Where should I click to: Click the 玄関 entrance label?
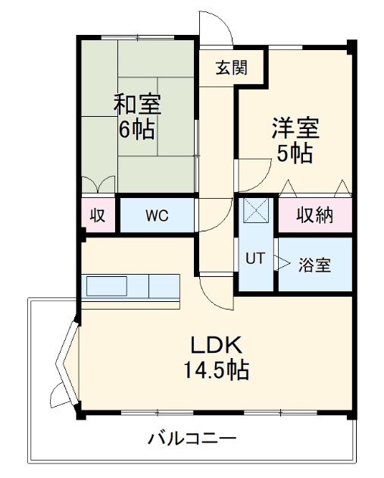(230, 68)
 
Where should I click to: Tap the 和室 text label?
(137, 102)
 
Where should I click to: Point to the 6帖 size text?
(136, 129)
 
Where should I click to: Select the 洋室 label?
(295, 127)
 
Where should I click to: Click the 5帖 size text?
(295, 153)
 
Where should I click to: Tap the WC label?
(157, 215)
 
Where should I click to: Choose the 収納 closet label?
(314, 215)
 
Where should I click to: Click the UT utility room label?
(254, 258)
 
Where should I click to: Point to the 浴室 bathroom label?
(314, 266)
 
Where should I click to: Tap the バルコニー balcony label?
(192, 439)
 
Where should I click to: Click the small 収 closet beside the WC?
(98, 215)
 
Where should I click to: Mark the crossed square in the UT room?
(255, 209)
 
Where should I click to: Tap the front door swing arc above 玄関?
(217, 29)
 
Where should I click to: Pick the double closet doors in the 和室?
(98, 184)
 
